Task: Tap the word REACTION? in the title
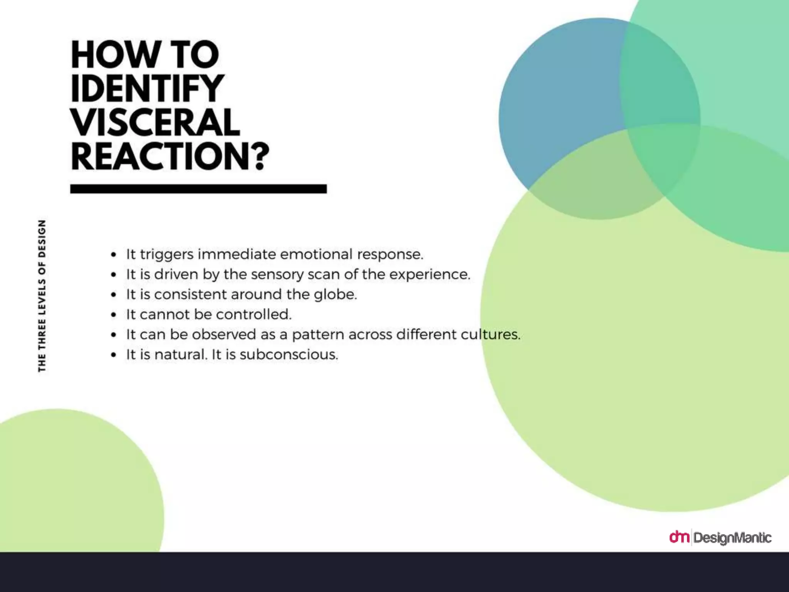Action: click(x=170, y=156)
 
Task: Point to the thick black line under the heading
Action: click(x=198, y=189)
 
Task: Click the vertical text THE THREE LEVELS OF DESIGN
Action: click(x=42, y=296)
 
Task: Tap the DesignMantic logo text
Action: click(x=732, y=538)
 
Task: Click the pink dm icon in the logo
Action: click(x=679, y=536)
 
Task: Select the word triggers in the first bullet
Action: click(x=166, y=255)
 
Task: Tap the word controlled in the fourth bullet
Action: click(x=253, y=314)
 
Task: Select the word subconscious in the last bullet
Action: click(x=289, y=355)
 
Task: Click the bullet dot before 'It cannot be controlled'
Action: click(x=113, y=315)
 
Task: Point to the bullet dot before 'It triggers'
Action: click(x=113, y=255)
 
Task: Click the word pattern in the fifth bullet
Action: click(x=318, y=335)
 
